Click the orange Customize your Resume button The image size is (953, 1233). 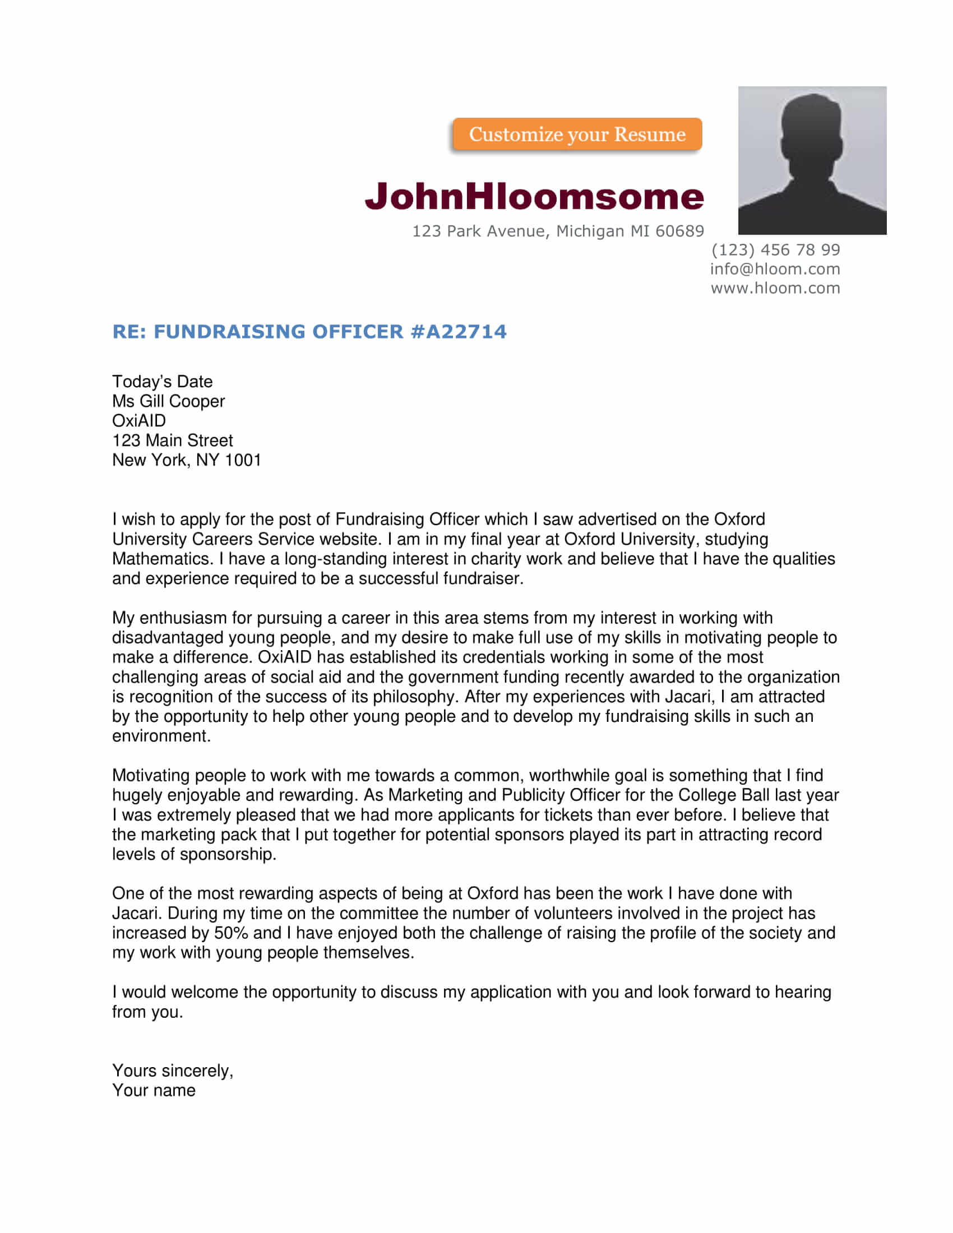click(576, 135)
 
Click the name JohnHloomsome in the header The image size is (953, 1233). click(534, 196)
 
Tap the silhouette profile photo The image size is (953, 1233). click(812, 160)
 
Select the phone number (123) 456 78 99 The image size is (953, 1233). click(775, 249)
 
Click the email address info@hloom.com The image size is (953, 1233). click(775, 268)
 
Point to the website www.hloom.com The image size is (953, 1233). click(775, 288)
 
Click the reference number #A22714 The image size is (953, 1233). click(459, 331)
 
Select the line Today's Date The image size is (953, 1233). click(162, 382)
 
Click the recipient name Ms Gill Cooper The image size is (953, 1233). click(168, 401)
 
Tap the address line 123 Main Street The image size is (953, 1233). click(172, 441)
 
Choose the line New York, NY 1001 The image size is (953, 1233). click(186, 460)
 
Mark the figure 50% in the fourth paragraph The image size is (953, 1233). click(231, 933)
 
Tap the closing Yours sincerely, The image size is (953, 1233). click(172, 1070)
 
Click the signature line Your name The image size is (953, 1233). click(154, 1090)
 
